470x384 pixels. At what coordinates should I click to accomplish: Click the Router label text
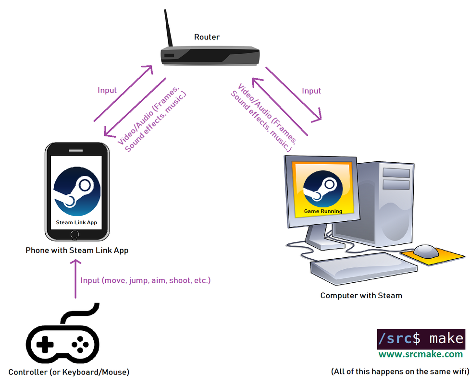(x=207, y=37)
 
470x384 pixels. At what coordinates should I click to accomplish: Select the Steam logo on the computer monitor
(x=323, y=188)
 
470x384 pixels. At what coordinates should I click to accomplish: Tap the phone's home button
(x=75, y=235)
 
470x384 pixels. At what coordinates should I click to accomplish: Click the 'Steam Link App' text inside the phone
(x=77, y=222)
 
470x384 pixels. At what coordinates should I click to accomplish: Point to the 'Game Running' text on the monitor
(x=323, y=211)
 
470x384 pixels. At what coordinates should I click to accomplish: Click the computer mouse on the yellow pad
(x=425, y=251)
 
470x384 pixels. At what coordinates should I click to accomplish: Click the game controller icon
(x=62, y=341)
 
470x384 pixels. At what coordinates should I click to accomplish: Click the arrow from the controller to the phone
(x=75, y=278)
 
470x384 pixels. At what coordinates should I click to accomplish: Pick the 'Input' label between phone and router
(x=107, y=90)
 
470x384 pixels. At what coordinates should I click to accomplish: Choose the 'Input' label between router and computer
(x=311, y=91)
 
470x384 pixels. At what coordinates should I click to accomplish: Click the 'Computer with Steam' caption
(x=361, y=296)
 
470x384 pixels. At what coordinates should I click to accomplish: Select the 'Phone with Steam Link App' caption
(x=77, y=250)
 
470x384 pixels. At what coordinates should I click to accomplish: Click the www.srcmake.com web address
(x=421, y=355)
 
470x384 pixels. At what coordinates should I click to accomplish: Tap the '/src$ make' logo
(x=421, y=338)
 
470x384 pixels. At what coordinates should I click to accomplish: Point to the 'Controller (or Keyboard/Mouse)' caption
(x=69, y=372)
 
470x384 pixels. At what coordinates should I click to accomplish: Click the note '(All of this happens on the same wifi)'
(x=400, y=372)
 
